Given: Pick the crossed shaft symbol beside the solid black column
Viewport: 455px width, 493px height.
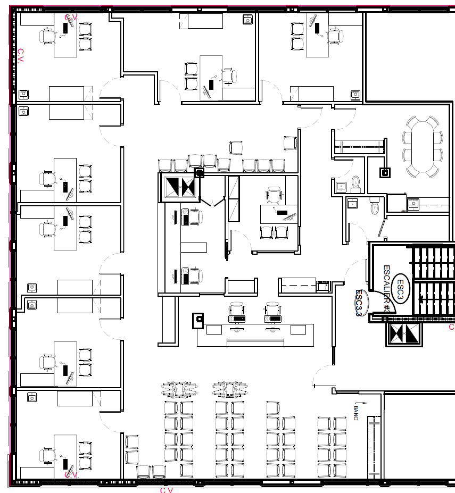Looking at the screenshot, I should [179, 187].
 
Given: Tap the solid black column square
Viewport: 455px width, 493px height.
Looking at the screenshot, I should [200, 172].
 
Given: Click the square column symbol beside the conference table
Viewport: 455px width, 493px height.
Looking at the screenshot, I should [385, 172].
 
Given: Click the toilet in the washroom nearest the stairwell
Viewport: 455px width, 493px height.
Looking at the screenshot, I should [375, 206].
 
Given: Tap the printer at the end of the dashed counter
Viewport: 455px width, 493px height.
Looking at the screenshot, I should [322, 286].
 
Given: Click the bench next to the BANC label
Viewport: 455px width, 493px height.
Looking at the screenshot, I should [375, 447].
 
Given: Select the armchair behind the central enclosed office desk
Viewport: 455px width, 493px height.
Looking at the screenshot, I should [275, 195].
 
